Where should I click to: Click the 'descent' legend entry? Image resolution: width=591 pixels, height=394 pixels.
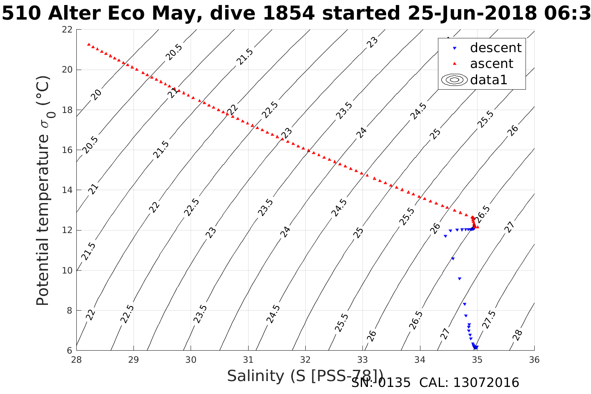[x=495, y=48]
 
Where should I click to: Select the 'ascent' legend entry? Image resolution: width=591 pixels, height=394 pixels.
[x=491, y=64]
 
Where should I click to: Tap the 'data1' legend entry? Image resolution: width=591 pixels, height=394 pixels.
[x=488, y=80]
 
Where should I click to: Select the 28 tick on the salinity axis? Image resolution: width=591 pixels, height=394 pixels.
[x=76, y=359]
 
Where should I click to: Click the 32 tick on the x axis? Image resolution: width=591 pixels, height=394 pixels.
[x=305, y=359]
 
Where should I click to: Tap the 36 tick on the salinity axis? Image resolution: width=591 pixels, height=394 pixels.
[x=534, y=359]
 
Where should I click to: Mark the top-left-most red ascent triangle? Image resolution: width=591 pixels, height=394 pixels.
[x=88, y=44]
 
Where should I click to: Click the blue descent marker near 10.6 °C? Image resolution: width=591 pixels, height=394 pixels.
[x=453, y=259]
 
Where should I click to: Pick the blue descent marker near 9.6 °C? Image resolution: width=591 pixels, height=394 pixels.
[x=459, y=279]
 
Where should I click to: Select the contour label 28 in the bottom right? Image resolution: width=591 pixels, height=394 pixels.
[x=517, y=335]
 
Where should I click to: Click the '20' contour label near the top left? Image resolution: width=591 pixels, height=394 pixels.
[x=96, y=95]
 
